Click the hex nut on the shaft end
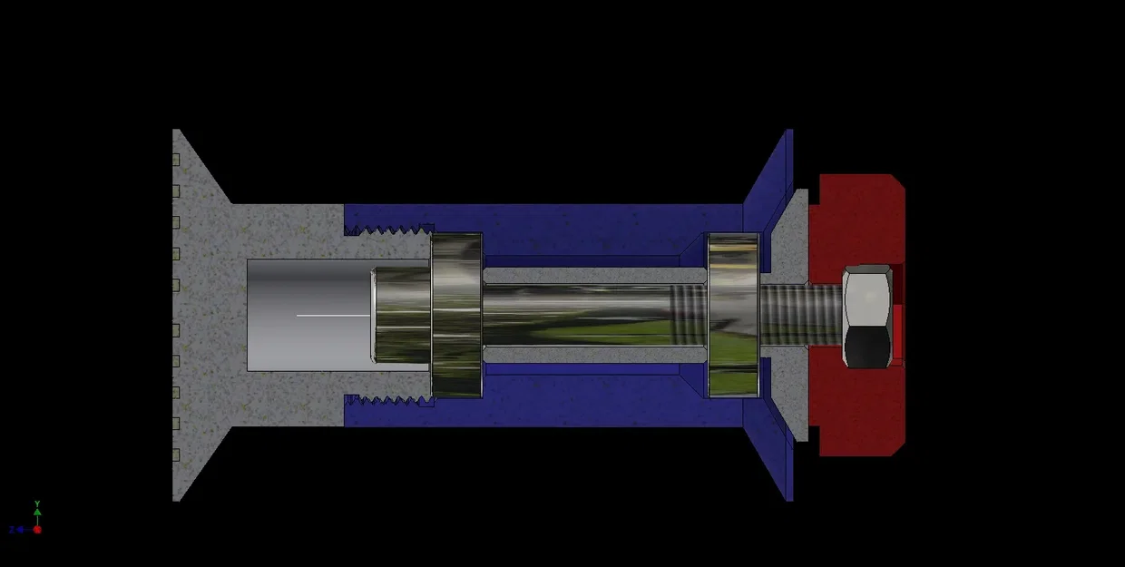tap(866, 316)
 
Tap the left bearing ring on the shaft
tap(456, 315)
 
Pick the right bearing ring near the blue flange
tap(733, 315)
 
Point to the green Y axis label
tap(37, 503)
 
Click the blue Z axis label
tap(12, 530)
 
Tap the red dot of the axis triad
tap(37, 530)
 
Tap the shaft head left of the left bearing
tap(400, 315)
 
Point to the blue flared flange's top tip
tap(788, 134)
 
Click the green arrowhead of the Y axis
tap(37, 511)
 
